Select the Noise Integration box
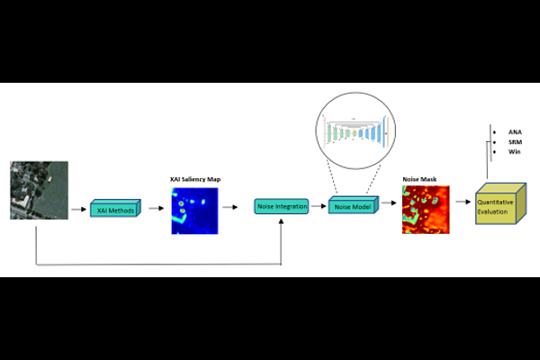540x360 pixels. pos(281,207)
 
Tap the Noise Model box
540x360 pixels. pos(353,206)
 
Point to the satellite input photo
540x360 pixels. pos(39,190)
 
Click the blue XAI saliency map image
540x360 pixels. pos(194,210)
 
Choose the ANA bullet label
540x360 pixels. pos(515,131)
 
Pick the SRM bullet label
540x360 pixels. pos(515,142)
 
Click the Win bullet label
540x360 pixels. pos(514,152)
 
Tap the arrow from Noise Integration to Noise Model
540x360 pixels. pos(318,206)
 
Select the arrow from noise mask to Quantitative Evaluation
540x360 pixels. pos(463,202)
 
